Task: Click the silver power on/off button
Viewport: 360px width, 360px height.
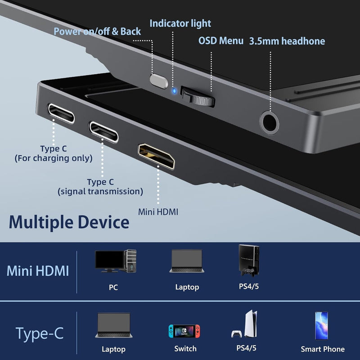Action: [158, 81]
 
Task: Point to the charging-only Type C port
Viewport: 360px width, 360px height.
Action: [61, 112]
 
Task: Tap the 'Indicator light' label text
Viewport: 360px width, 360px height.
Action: [180, 23]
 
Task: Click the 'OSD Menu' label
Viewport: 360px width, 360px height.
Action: [221, 40]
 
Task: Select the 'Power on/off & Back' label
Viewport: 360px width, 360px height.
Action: [97, 31]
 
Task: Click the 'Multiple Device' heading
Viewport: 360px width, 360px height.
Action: [69, 221]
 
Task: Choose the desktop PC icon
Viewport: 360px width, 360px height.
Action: [116, 261]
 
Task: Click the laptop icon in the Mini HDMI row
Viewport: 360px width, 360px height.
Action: [187, 261]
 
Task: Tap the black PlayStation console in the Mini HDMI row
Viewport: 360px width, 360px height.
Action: [248, 261]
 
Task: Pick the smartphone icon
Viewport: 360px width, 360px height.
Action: [321, 325]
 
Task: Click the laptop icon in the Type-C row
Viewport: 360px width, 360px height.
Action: [113, 325]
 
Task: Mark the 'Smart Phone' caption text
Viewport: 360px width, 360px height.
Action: [323, 349]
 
